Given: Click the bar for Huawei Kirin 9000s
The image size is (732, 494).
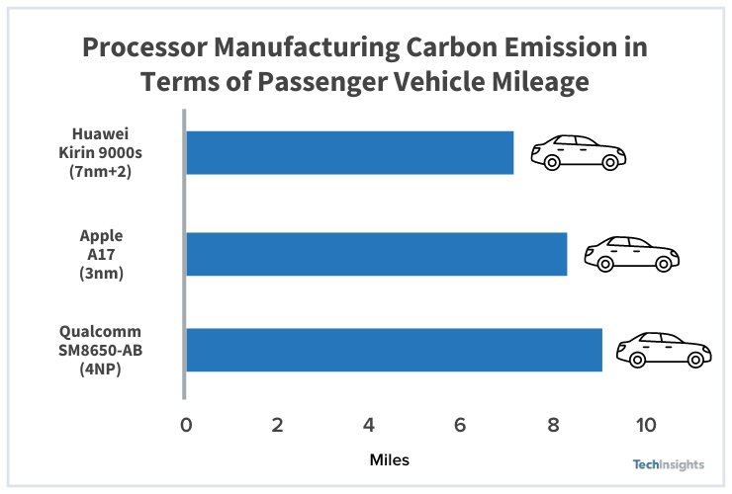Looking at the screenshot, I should pyautogui.click(x=349, y=152).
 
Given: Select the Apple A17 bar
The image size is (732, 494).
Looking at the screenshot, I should pyautogui.click(x=376, y=254).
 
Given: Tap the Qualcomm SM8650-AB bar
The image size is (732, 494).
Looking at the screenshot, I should pyautogui.click(x=394, y=350).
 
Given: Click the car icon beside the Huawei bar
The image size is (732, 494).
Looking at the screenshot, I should pyautogui.click(x=579, y=152).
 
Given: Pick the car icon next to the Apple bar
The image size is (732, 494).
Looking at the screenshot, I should pyautogui.click(x=631, y=254).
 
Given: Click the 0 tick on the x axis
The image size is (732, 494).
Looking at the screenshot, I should pyautogui.click(x=186, y=425).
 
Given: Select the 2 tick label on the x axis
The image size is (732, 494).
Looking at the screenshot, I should pyautogui.click(x=278, y=425).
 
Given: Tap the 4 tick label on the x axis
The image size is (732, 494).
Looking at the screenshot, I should pyautogui.click(x=369, y=425).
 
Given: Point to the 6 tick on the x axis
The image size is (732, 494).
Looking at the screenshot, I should pyautogui.click(x=461, y=425).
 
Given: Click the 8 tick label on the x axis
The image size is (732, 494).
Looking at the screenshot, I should pyautogui.click(x=553, y=425).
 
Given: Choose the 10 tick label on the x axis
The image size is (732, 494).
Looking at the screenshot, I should pyautogui.click(x=645, y=425).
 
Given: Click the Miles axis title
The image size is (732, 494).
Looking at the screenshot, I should pyautogui.click(x=389, y=460).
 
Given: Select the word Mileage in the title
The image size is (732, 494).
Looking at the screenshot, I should pyautogui.click(x=534, y=82).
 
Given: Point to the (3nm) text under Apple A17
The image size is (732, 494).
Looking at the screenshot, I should pyautogui.click(x=101, y=274).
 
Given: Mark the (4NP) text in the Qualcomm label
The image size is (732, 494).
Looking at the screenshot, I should pyautogui.click(x=101, y=370).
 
